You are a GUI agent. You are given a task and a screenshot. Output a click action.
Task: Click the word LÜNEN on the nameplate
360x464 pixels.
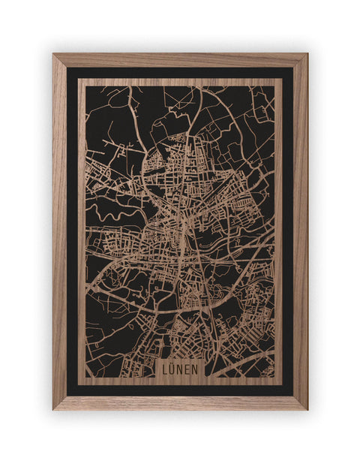click(180, 369)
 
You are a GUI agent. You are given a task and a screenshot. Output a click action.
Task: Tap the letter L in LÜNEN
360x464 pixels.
click(167, 369)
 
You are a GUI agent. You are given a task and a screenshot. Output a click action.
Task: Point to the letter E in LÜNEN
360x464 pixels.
click(187, 369)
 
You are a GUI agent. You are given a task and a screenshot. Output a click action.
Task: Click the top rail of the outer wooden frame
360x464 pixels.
click(180, 60)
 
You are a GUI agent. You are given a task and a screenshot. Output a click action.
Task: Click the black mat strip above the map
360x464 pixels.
click(180, 73)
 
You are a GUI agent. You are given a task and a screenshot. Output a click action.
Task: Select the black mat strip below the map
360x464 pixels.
click(180, 390)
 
